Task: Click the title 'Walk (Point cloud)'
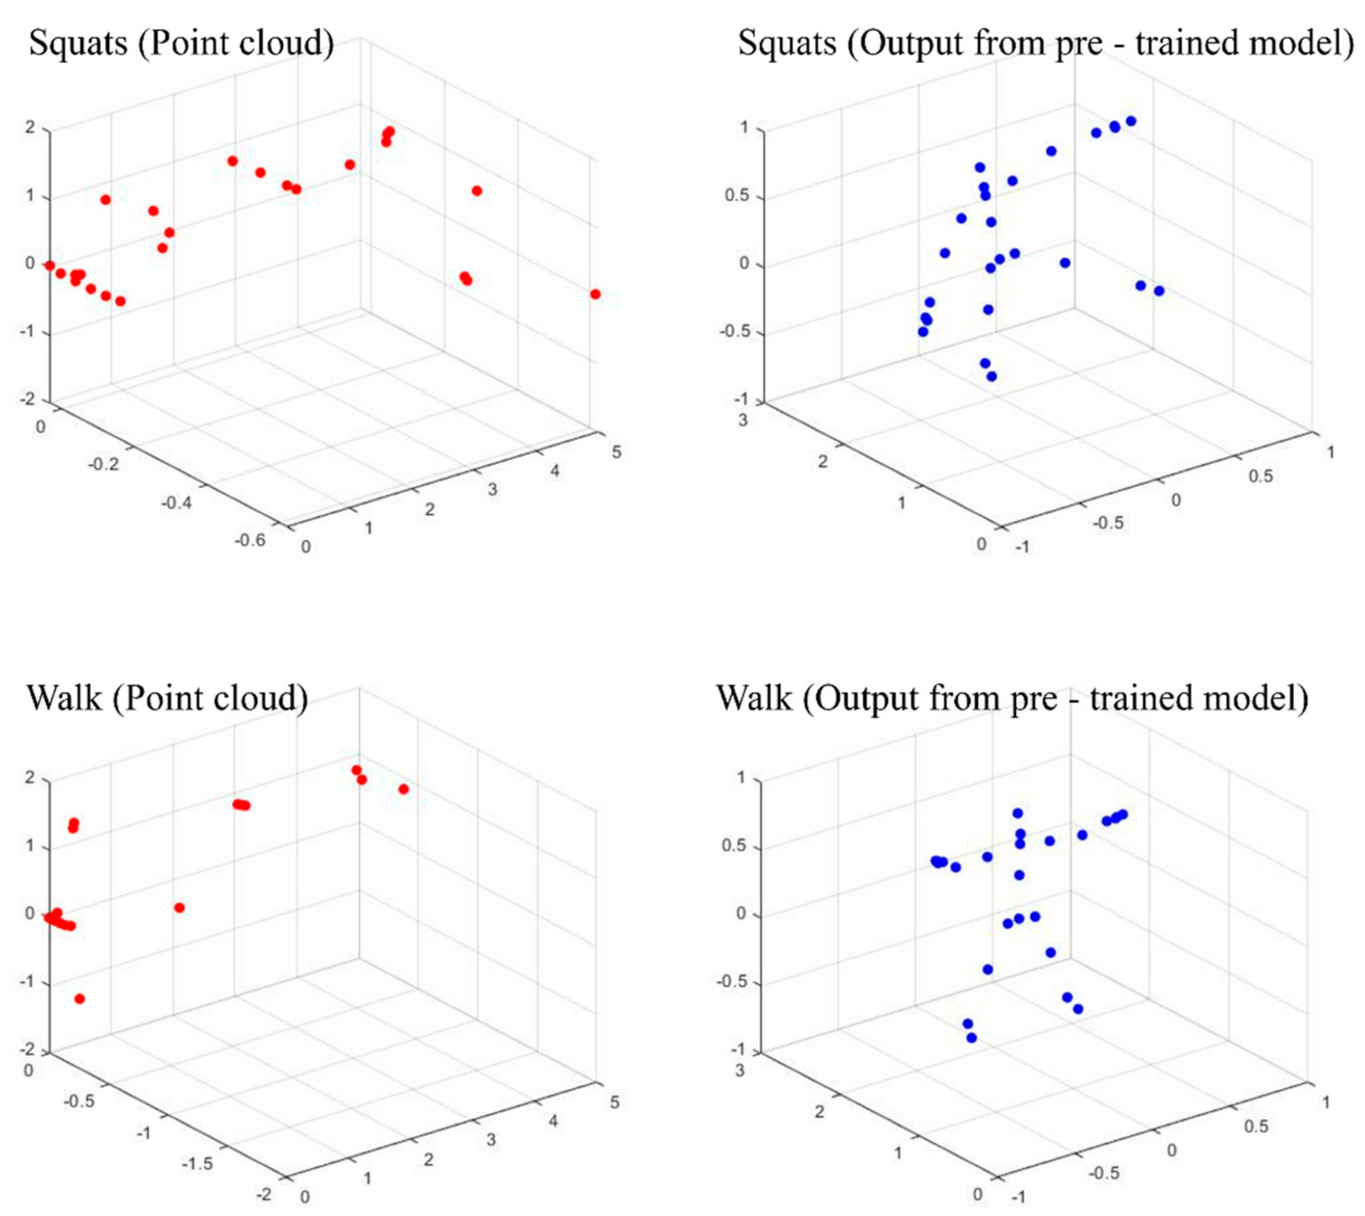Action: point(168,698)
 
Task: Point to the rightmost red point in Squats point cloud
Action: point(595,294)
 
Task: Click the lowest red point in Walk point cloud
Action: point(79,999)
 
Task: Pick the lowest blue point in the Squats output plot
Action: point(991,376)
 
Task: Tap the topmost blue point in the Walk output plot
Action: point(1017,813)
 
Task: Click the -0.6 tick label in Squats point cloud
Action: point(250,540)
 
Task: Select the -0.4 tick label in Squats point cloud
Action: point(176,502)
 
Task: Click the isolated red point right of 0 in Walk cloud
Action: point(179,907)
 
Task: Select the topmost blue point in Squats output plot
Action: point(1130,121)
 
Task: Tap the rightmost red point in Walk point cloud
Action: point(404,789)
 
